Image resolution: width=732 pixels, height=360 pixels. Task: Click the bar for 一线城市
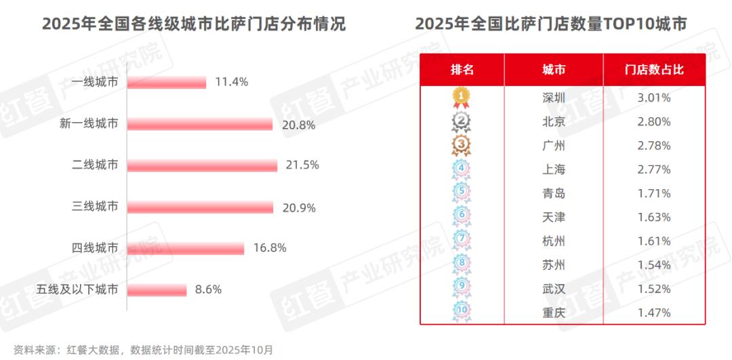click(x=166, y=83)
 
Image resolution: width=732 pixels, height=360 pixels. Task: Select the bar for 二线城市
click(x=202, y=165)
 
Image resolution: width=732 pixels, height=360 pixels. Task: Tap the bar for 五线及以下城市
click(x=157, y=290)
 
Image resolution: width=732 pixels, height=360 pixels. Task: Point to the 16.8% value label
click(x=269, y=248)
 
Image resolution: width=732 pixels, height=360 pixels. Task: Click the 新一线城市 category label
click(x=89, y=124)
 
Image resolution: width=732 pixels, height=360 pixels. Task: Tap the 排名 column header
click(x=462, y=70)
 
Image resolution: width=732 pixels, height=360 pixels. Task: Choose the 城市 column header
click(x=554, y=70)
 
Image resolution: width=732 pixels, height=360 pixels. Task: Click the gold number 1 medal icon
click(x=461, y=98)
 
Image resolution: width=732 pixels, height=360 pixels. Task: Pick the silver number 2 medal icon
click(x=461, y=122)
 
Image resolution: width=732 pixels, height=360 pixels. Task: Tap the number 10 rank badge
click(x=461, y=312)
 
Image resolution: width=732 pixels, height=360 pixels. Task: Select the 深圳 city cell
click(x=554, y=98)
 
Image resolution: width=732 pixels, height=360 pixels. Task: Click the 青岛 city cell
click(x=554, y=193)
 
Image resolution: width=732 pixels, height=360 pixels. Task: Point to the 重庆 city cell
click(x=554, y=312)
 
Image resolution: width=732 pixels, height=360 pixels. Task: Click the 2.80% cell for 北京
click(x=654, y=122)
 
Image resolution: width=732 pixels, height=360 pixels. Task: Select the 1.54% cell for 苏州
click(x=654, y=264)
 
